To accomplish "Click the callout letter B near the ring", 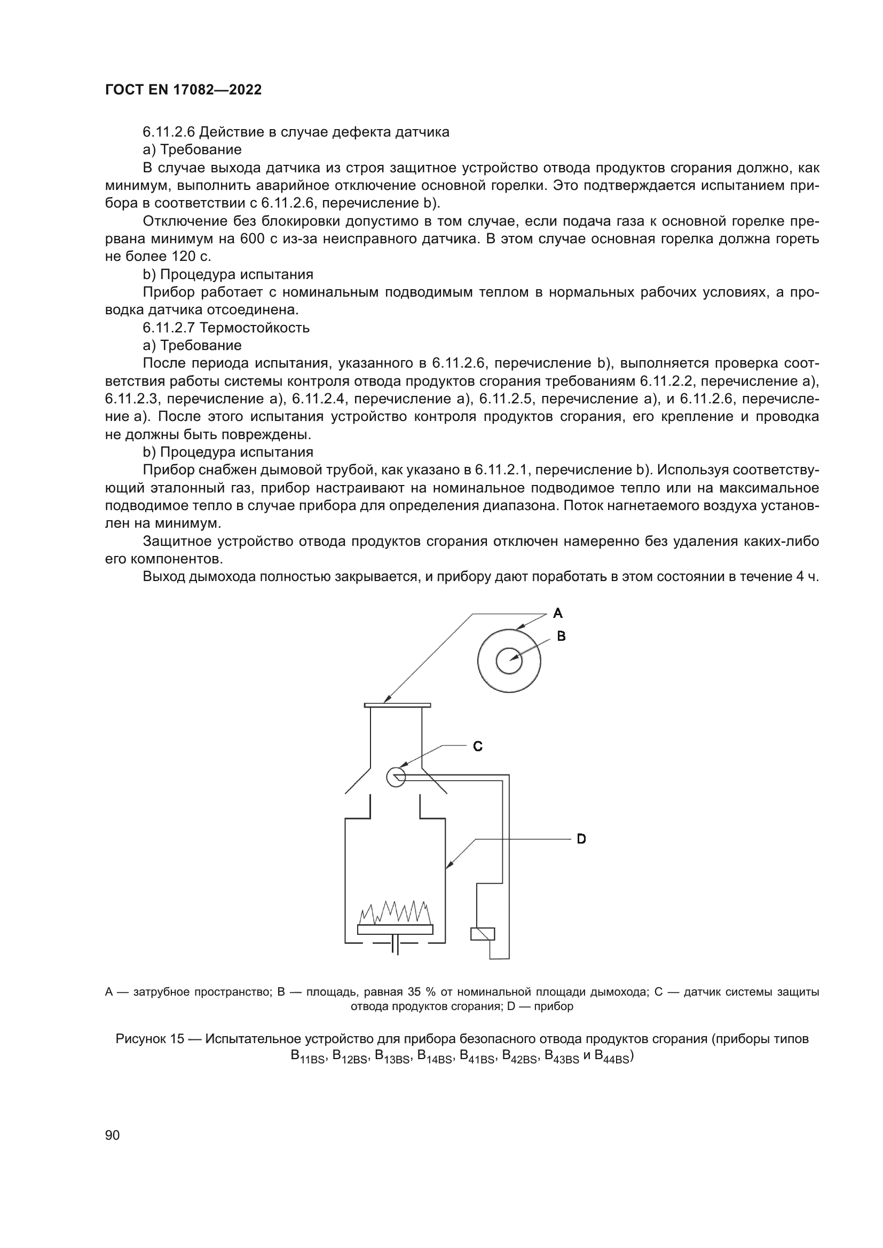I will [x=562, y=636].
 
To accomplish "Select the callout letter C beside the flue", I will [x=478, y=746].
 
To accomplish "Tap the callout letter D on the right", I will [x=581, y=839].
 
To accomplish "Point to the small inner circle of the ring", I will [x=509, y=662].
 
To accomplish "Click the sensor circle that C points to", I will [x=396, y=776].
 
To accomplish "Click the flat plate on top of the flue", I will [x=398, y=705].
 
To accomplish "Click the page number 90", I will [x=112, y=1135].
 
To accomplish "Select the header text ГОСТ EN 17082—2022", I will [x=183, y=90].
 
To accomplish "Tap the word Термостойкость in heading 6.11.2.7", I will [x=255, y=328].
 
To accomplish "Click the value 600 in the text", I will [x=251, y=239].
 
